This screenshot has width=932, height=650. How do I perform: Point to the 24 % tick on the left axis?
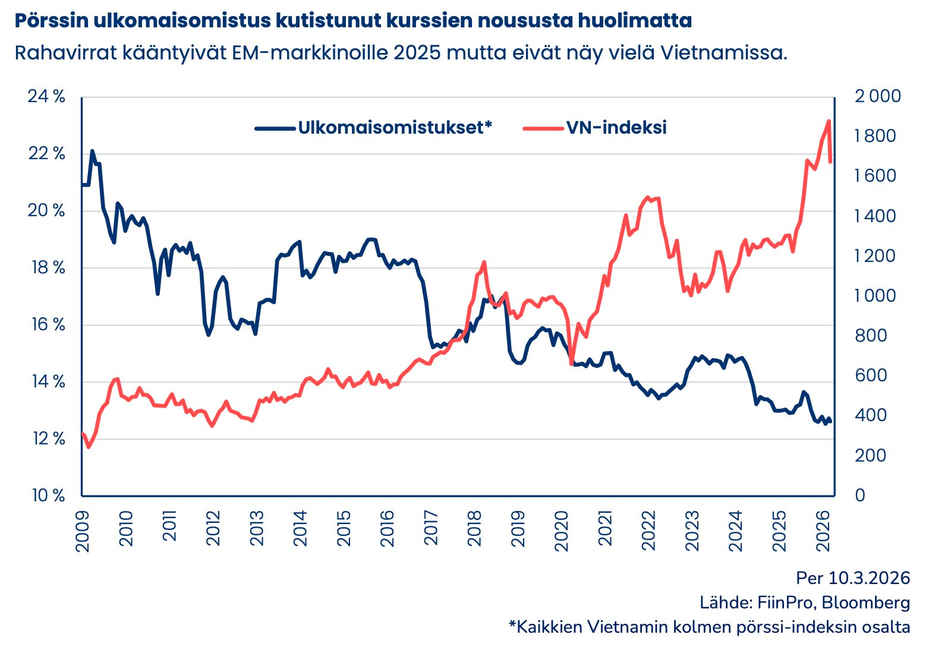coord(46,96)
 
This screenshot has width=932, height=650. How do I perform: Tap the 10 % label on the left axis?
coord(46,496)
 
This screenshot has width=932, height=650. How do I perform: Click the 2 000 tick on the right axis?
coord(877,96)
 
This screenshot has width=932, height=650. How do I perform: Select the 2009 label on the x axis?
coord(83,531)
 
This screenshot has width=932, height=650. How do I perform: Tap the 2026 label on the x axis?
coord(823,531)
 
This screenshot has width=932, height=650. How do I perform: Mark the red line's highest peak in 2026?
coord(829,121)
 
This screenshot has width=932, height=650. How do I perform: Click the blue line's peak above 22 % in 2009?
coord(92,151)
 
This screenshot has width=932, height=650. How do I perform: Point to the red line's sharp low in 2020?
coord(571,364)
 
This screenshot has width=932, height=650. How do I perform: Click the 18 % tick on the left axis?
coord(46,267)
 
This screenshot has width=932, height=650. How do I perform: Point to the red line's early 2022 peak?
coord(647,197)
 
